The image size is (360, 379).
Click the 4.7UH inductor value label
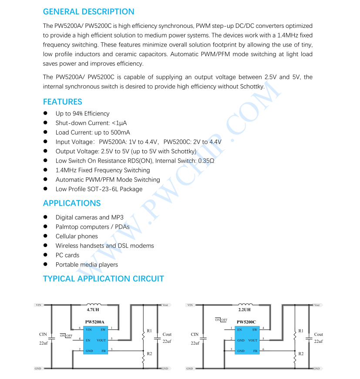click(93, 310)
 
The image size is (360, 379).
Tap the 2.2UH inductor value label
click(244, 310)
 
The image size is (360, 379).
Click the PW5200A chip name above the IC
click(95, 322)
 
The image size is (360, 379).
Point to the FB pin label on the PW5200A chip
click(104, 351)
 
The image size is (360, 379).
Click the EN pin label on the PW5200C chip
click(239, 330)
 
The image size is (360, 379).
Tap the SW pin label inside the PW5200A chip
click(103, 330)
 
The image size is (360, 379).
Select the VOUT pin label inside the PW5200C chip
click(253, 340)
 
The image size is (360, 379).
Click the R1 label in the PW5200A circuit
click(149, 331)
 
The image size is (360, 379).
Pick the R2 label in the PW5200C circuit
click(301, 353)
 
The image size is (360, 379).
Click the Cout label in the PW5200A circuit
click(167, 335)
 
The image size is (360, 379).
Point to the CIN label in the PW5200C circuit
click(195, 335)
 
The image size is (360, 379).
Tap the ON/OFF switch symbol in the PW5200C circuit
click(221, 320)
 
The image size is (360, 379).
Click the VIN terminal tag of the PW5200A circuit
click(38, 305)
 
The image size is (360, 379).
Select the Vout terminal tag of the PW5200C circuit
click(316, 305)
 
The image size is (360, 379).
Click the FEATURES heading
click(62, 102)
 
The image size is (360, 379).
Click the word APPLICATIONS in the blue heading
click(71, 203)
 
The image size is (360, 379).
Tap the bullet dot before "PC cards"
click(45, 255)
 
